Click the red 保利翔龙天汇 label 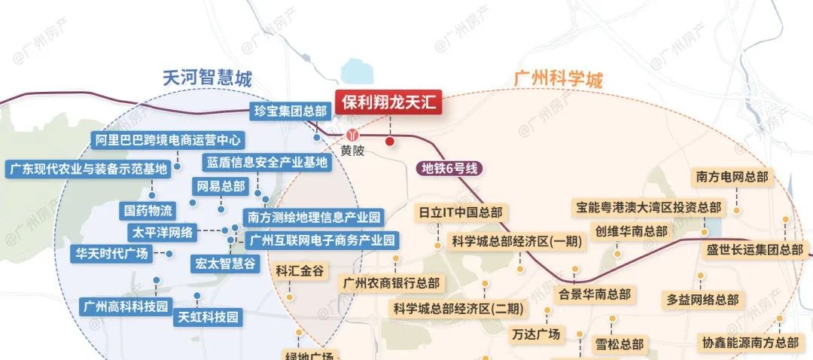[388, 103]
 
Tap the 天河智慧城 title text [207, 78]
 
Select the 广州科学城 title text [558, 79]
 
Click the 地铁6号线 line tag [450, 169]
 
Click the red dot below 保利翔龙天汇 [389, 141]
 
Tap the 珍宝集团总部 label [291, 111]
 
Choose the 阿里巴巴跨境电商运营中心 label [169, 140]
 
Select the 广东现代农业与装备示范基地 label [87, 169]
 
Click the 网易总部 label [221, 186]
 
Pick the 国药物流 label [148, 210]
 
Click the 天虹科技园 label [208, 317]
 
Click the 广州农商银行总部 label [391, 284]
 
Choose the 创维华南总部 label [631, 230]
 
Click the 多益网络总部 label [702, 299]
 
